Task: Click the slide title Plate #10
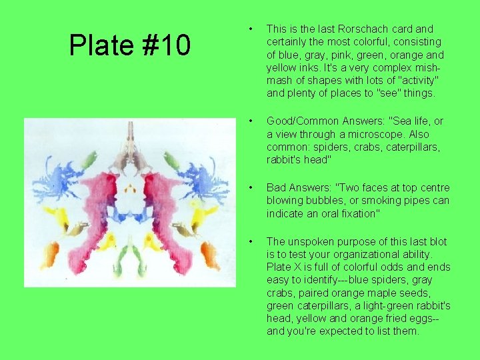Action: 130,45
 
